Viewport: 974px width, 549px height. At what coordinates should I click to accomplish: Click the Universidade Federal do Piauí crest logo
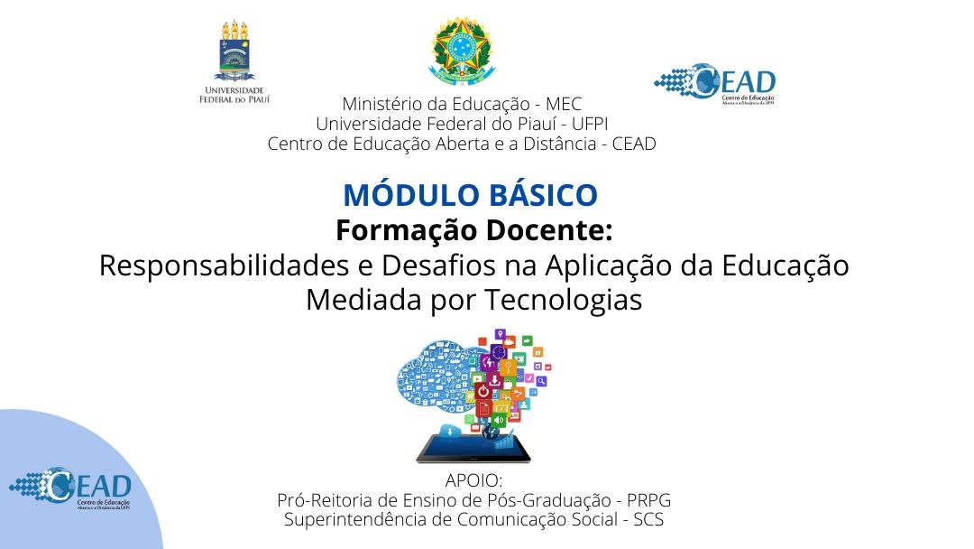(x=234, y=61)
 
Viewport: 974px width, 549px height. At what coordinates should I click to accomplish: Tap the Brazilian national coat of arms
(x=461, y=51)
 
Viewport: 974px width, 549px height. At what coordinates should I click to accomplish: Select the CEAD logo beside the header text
(x=714, y=84)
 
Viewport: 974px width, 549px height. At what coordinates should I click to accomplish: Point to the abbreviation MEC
(x=564, y=104)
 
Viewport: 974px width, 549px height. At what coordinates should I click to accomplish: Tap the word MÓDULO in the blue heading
(x=399, y=195)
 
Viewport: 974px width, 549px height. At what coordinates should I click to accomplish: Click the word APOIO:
(x=473, y=480)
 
